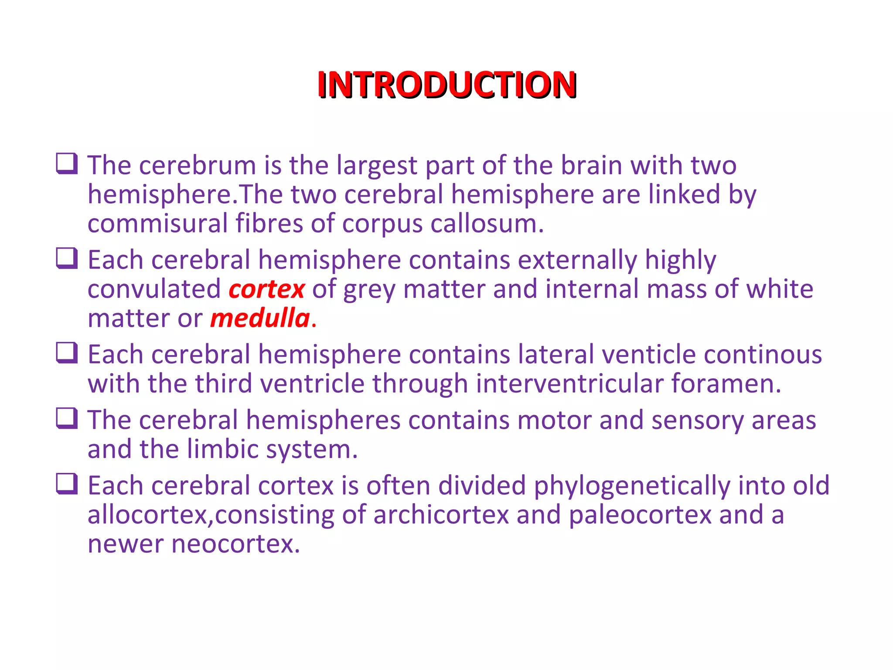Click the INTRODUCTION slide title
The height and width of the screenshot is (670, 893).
pyautogui.click(x=447, y=85)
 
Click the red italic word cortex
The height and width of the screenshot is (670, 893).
pyautogui.click(x=266, y=289)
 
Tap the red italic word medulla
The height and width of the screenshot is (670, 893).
pyautogui.click(x=260, y=318)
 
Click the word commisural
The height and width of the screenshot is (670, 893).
pyautogui.click(x=157, y=224)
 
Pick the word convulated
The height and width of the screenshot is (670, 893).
pyautogui.click(x=154, y=289)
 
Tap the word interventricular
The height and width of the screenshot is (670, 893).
pyautogui.click(x=569, y=384)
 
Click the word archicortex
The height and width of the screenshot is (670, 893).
pyautogui.click(x=441, y=515)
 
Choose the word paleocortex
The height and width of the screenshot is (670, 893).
pyautogui.click(x=640, y=515)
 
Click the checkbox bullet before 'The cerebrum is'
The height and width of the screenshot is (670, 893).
pyautogui.click(x=67, y=164)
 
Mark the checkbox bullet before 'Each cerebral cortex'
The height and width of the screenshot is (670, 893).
pyautogui.click(x=67, y=484)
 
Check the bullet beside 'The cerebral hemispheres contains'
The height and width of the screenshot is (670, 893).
pyautogui.click(x=67, y=418)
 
